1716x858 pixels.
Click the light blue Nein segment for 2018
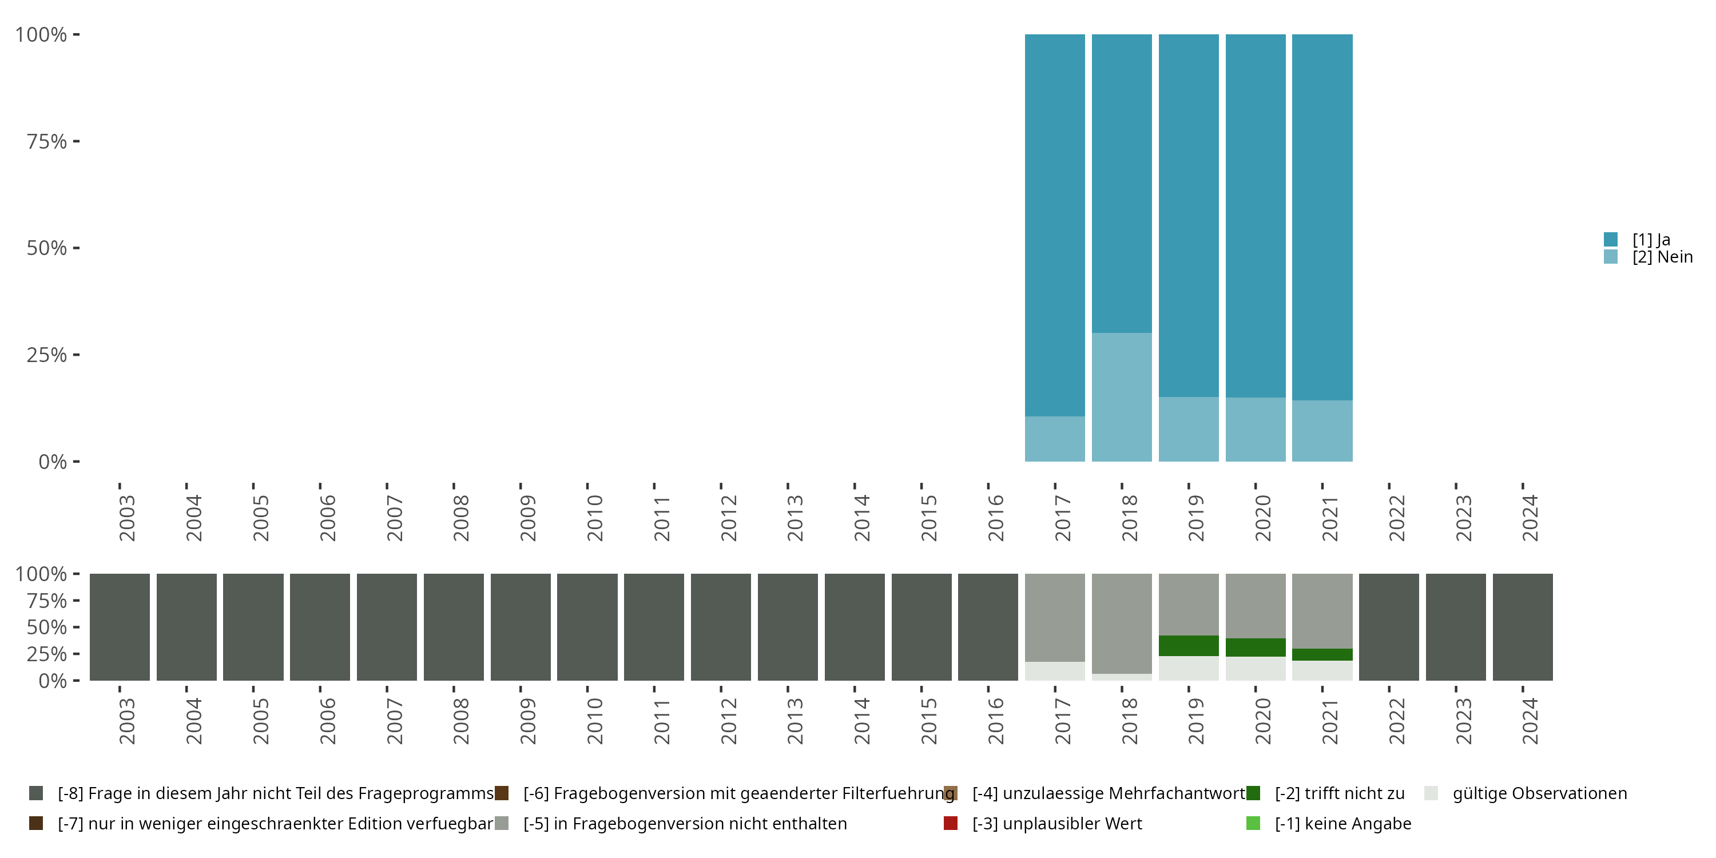point(1121,397)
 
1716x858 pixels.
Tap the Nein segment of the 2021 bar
point(1322,430)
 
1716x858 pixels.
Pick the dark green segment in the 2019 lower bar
point(1189,645)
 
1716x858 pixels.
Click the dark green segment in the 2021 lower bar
point(1322,654)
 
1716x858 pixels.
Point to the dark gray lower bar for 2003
point(120,627)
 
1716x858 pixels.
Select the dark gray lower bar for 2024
point(1522,627)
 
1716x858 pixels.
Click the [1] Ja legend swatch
point(1610,239)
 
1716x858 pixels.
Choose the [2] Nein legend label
point(1662,257)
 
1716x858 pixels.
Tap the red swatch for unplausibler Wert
point(951,823)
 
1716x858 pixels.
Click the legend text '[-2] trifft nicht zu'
point(1339,793)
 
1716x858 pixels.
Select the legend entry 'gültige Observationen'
point(1539,793)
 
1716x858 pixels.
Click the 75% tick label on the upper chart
point(47,141)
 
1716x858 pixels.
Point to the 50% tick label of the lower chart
point(47,627)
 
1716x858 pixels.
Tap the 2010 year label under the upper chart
point(594,518)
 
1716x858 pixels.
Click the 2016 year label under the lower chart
point(995,721)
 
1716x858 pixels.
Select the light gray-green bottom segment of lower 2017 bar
point(1055,671)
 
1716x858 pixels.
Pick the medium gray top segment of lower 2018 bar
point(1121,623)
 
